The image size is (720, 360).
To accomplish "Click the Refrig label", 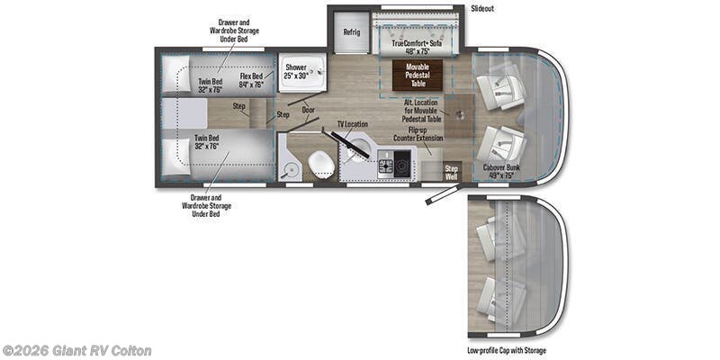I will (351, 33).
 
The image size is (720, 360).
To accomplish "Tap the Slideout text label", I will (481, 9).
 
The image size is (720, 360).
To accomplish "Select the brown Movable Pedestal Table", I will (416, 74).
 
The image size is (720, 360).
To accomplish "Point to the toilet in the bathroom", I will (320, 163).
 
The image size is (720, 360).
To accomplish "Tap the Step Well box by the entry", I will (452, 170).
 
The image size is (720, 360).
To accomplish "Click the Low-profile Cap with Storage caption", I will (506, 350).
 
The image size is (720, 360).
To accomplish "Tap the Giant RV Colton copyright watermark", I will (76, 350).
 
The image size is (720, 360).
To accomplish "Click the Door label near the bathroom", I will (309, 109).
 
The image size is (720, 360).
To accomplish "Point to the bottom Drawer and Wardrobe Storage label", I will (201, 205).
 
